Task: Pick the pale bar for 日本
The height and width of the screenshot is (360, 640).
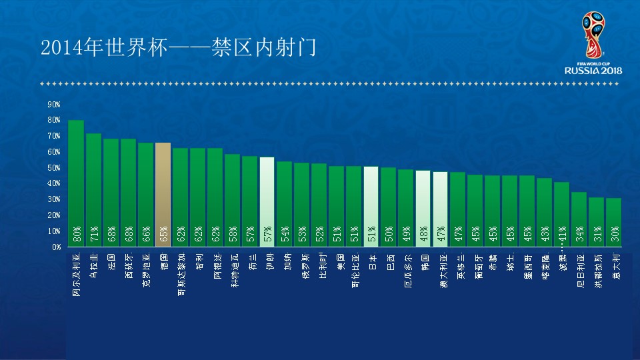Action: point(371,207)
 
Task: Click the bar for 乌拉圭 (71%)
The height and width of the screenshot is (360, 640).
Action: point(93,190)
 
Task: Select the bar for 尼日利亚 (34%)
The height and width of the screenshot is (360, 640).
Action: point(579,219)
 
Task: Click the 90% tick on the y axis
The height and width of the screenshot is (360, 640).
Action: point(54,105)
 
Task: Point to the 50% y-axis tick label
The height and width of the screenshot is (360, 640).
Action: point(54,168)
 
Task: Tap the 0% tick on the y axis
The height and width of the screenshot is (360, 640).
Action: point(56,247)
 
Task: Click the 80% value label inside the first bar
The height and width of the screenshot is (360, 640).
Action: point(77,234)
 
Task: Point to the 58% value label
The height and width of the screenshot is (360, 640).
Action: point(233,234)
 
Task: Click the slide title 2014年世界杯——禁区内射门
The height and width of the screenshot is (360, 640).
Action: point(178,47)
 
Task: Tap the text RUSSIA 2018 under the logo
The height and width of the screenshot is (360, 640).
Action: point(593,71)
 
